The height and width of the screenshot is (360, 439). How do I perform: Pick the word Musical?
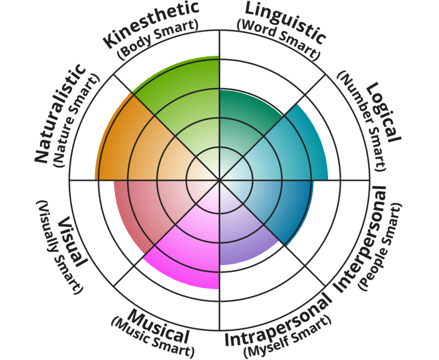[160, 326]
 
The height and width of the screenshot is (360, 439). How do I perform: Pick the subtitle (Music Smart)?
[152, 338]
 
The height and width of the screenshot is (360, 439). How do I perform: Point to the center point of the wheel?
[220, 179]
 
